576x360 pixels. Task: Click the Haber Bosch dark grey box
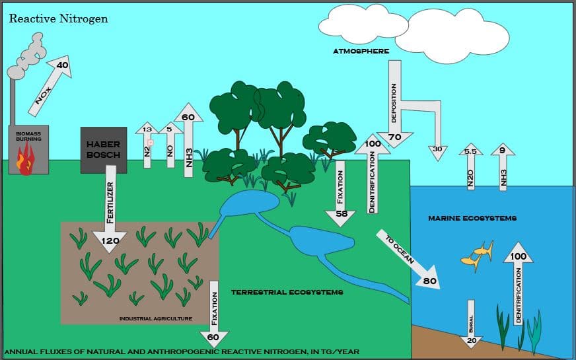click(x=104, y=150)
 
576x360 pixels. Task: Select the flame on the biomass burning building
click(x=26, y=161)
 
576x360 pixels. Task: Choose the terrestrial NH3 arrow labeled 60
click(x=188, y=140)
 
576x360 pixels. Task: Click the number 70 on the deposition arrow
click(x=394, y=137)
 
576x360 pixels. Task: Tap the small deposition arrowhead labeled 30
click(x=437, y=150)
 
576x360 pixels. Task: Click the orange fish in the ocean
click(x=478, y=257)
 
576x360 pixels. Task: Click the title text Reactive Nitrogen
click(x=58, y=18)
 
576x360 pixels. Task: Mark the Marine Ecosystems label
click(x=472, y=218)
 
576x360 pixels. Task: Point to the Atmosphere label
click(x=361, y=51)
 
